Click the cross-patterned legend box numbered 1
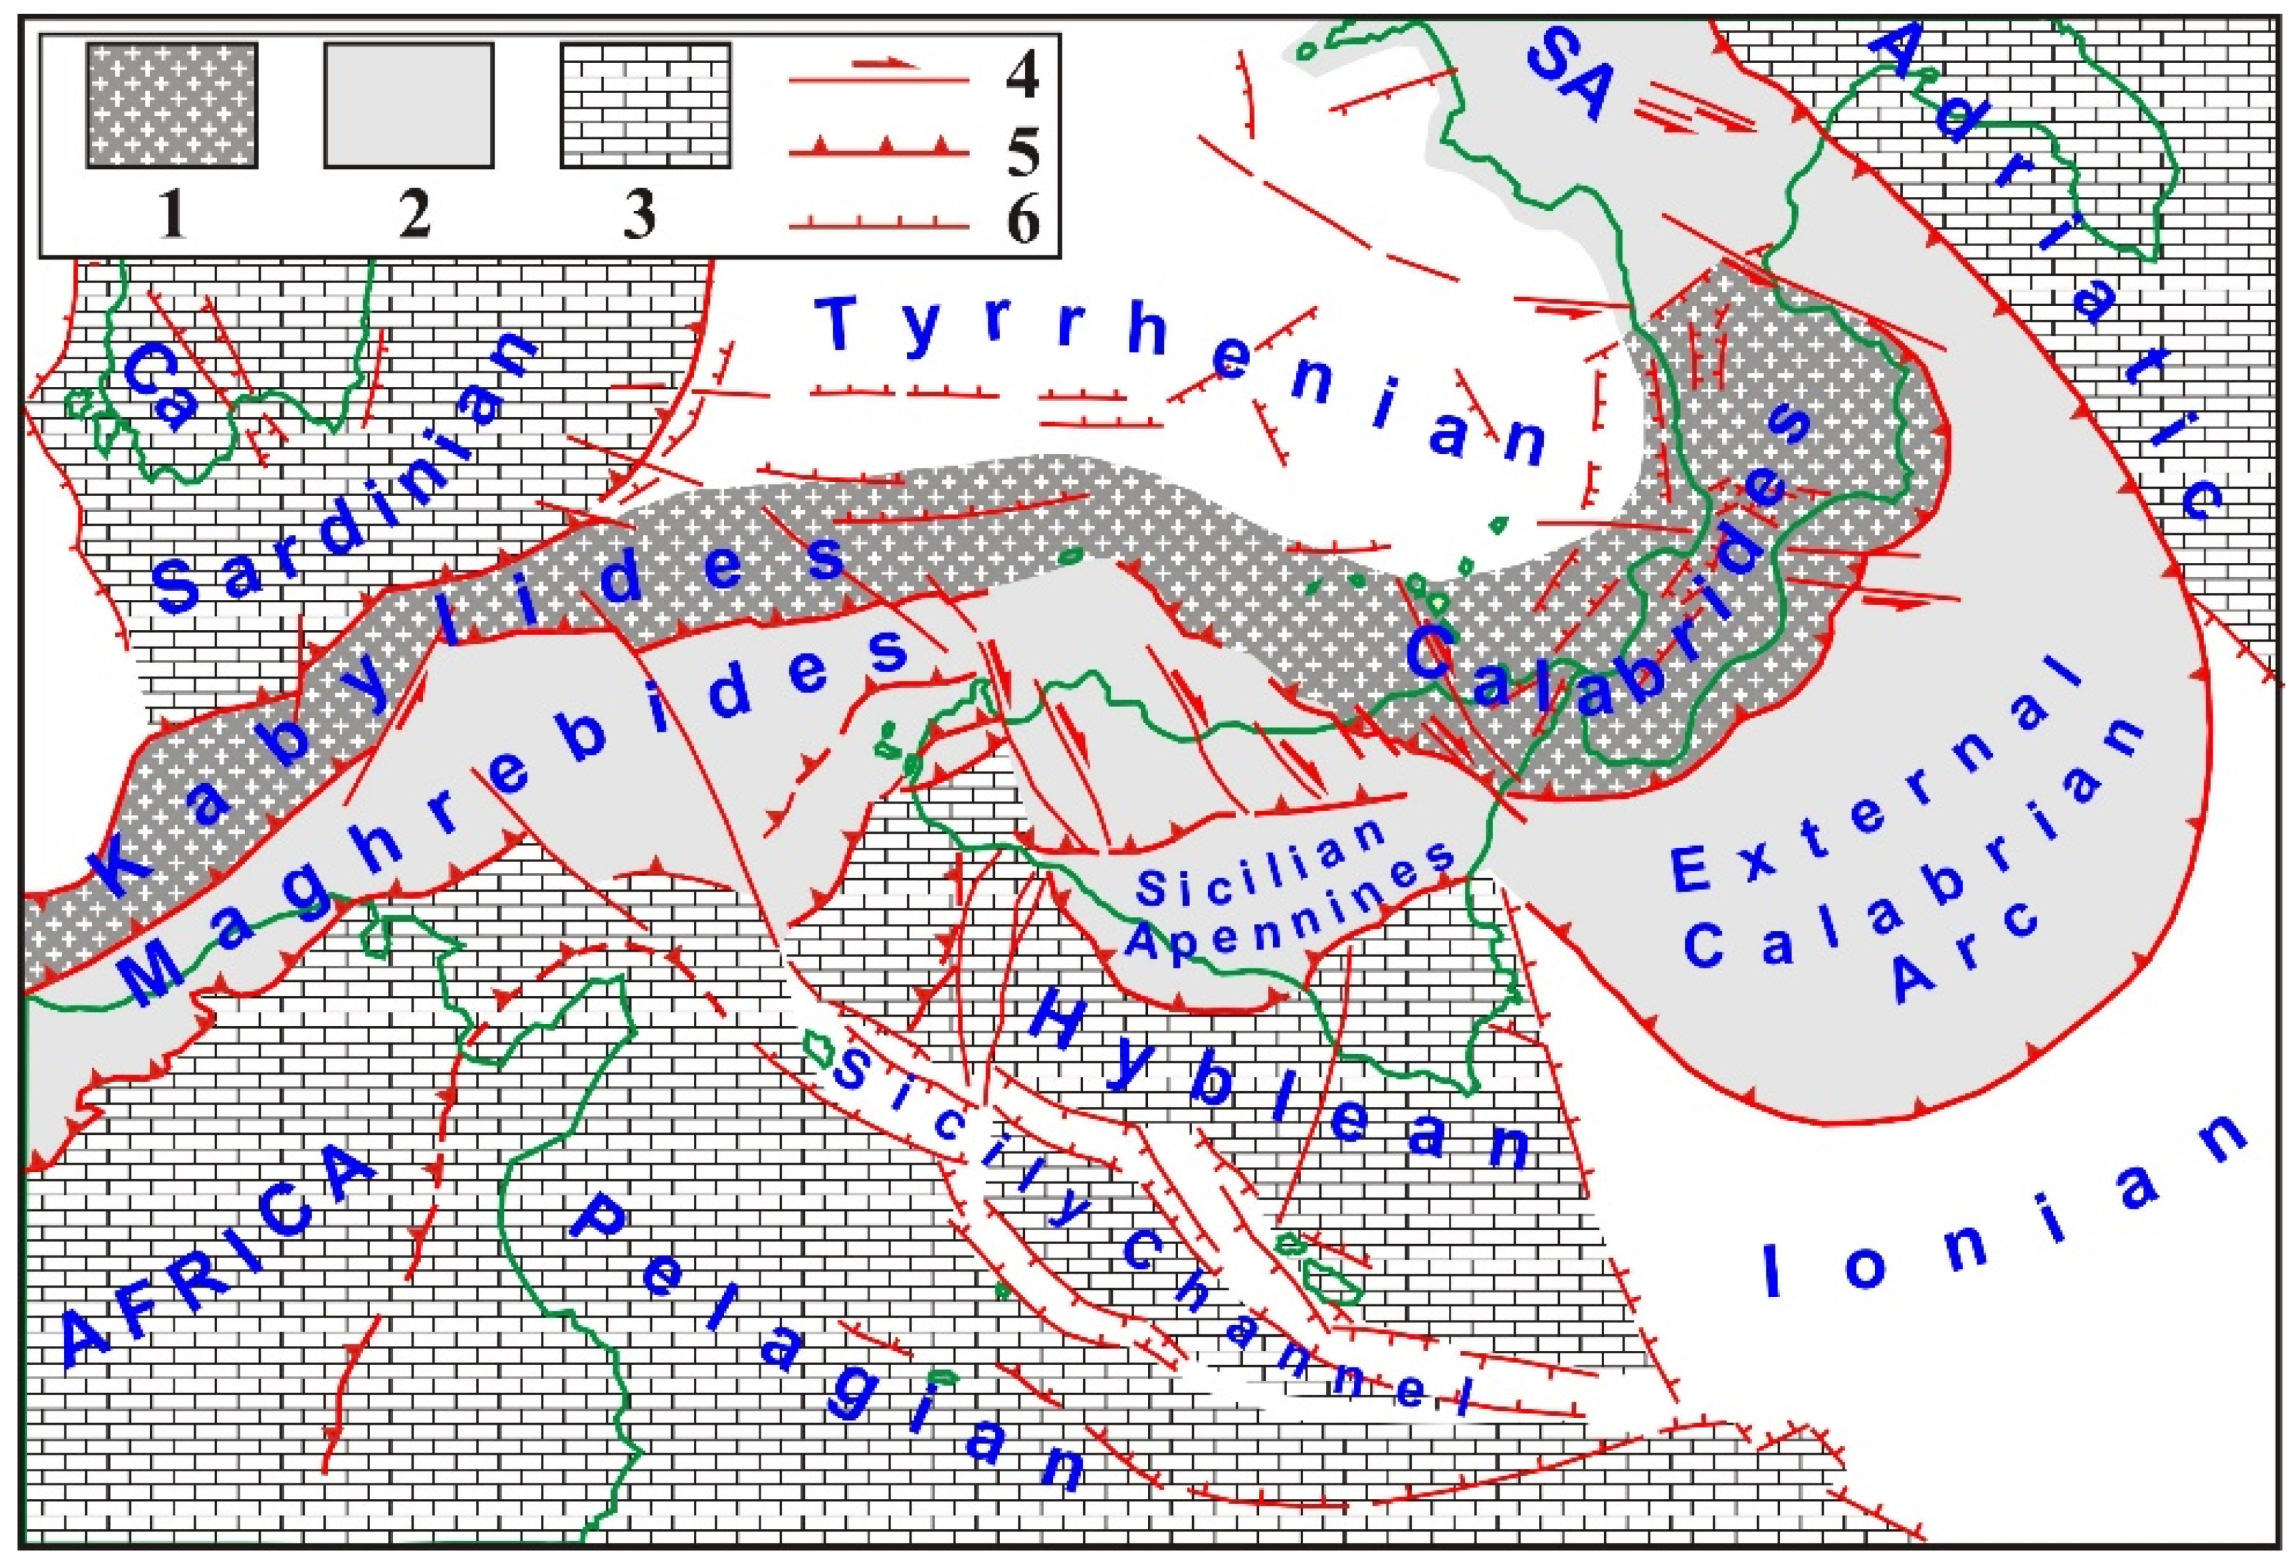pos(172,106)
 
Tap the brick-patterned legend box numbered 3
pos(645,106)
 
